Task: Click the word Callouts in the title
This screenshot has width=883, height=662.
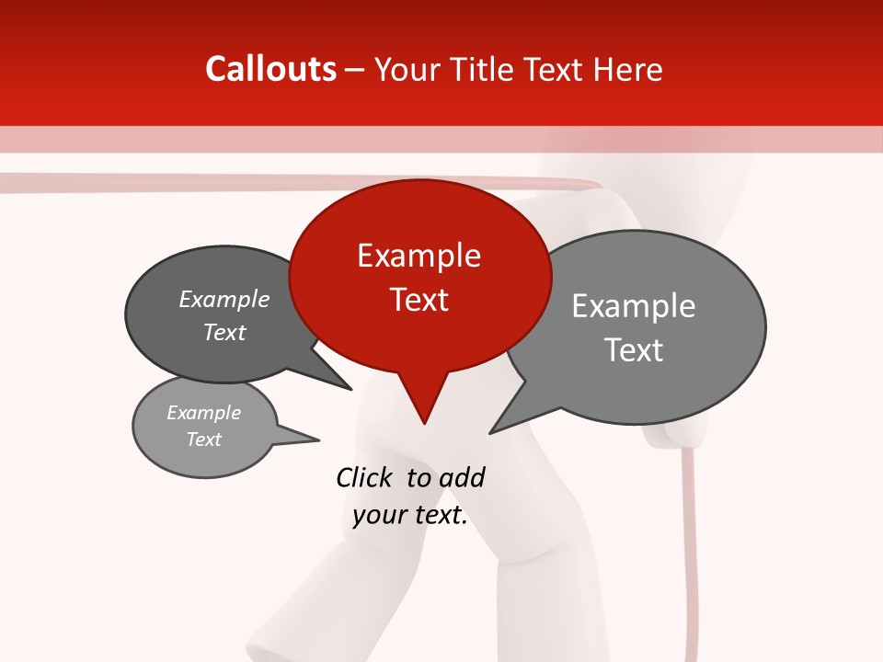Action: tap(270, 69)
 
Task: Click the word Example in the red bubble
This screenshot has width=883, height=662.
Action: tap(419, 256)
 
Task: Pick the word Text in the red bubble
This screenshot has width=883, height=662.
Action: tap(419, 300)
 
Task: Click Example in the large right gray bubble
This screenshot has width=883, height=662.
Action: tap(634, 306)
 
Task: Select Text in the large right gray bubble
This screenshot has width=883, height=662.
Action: tap(634, 350)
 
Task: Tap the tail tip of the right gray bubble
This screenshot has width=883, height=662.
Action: tap(491, 432)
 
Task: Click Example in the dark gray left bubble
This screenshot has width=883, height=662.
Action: tap(224, 300)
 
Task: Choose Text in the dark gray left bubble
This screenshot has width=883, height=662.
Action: tap(224, 332)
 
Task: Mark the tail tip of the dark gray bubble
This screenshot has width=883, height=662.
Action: tap(350, 389)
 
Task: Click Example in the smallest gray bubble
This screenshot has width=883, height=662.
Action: tap(203, 413)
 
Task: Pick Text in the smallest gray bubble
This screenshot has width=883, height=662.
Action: tap(203, 439)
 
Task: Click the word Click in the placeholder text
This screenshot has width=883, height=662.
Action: tap(363, 478)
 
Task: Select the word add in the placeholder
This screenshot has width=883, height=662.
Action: tap(461, 478)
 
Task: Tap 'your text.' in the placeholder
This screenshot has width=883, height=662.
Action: tap(410, 515)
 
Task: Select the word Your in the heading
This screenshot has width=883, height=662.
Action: tap(409, 70)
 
